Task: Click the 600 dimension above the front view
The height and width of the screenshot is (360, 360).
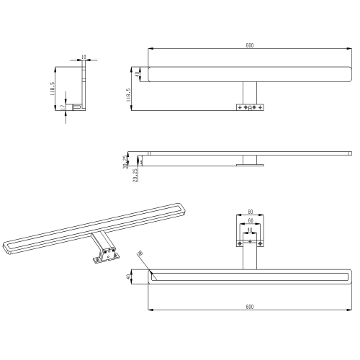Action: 249,45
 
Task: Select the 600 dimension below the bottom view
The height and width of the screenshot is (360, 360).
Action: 249,307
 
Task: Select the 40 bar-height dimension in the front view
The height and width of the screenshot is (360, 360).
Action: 137,73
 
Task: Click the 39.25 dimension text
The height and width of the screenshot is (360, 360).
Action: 125,161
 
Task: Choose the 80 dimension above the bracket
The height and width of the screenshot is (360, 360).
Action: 250,212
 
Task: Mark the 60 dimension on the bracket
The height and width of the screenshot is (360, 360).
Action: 250,222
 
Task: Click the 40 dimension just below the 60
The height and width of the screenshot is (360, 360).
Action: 250,231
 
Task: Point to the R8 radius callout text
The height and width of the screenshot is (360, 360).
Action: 140,253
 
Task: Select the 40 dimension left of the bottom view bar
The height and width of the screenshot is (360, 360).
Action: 128,276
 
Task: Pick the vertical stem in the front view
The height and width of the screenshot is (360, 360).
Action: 250,92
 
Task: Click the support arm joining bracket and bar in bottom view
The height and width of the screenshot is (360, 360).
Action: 250,258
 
